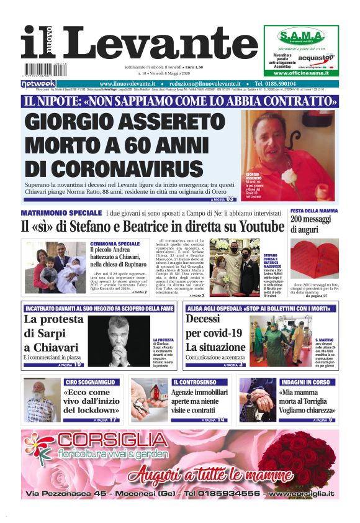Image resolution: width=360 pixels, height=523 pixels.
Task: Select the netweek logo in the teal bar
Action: [x=38, y=84]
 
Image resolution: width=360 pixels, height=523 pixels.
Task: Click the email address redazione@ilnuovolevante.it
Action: [x=200, y=84]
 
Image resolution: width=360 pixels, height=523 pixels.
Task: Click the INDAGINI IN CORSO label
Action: [x=305, y=382]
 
